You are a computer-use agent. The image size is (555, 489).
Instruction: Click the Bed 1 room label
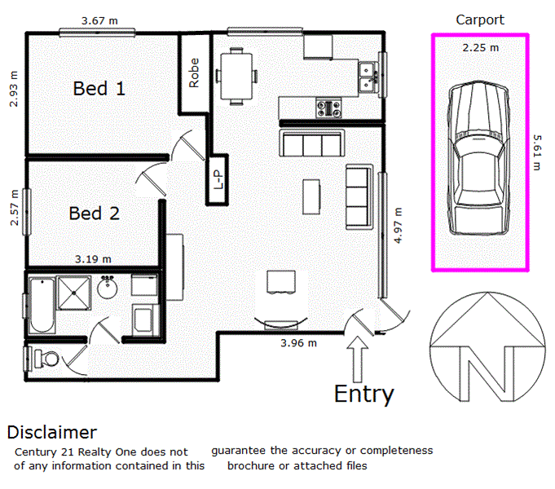point(99,88)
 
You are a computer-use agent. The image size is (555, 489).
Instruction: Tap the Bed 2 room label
point(94,214)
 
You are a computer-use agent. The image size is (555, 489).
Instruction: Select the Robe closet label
point(194,73)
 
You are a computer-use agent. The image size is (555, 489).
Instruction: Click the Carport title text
point(480,20)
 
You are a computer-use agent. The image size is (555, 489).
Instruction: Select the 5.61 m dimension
point(537,152)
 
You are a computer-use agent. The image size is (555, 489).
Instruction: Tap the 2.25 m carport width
point(480,48)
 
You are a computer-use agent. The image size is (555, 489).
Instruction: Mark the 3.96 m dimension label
point(297,343)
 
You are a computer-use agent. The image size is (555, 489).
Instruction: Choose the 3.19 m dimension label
point(93,259)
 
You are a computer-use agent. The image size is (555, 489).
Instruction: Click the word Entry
point(363,394)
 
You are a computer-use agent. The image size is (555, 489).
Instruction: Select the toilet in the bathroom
point(44,357)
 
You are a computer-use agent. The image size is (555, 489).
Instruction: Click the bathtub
point(40,304)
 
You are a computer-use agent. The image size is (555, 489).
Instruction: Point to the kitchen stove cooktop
point(331,106)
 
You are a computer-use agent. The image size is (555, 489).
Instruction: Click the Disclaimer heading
point(52,432)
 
